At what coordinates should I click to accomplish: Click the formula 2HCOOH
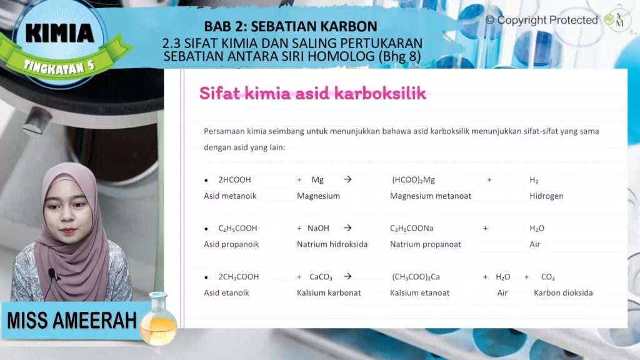[235, 179]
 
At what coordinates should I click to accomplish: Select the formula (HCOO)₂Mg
[414, 180]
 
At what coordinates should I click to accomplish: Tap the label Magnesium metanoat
[431, 196]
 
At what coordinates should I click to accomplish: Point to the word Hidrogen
[546, 196]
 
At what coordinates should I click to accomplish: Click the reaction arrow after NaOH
[347, 227]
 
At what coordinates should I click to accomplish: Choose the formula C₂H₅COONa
[411, 228]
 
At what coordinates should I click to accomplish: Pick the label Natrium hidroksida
[332, 244]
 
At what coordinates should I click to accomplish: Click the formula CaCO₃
[321, 277]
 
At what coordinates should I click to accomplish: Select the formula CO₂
[547, 277]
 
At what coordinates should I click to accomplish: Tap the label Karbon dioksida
[563, 292]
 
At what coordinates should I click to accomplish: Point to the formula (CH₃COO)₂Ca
[416, 277]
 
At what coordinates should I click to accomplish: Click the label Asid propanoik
[231, 244]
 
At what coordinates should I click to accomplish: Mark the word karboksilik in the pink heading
[381, 93]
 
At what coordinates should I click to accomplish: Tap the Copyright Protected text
[542, 20]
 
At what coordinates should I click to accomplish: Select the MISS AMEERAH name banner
[72, 321]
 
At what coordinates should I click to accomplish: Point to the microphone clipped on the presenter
[52, 273]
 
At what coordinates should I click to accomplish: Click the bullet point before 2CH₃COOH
[206, 277]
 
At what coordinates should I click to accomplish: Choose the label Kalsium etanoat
[419, 292]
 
